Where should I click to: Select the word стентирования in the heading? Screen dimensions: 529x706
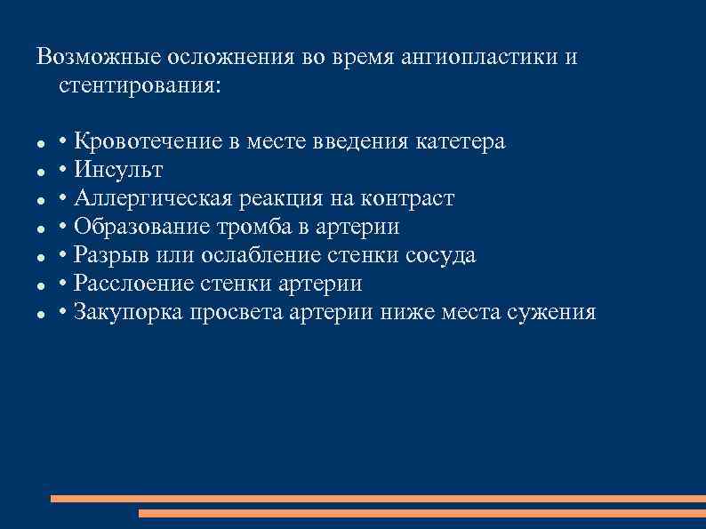pos(136,87)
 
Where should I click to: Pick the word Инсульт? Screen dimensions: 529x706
pos(119,170)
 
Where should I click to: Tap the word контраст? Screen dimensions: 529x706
pos(413,198)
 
